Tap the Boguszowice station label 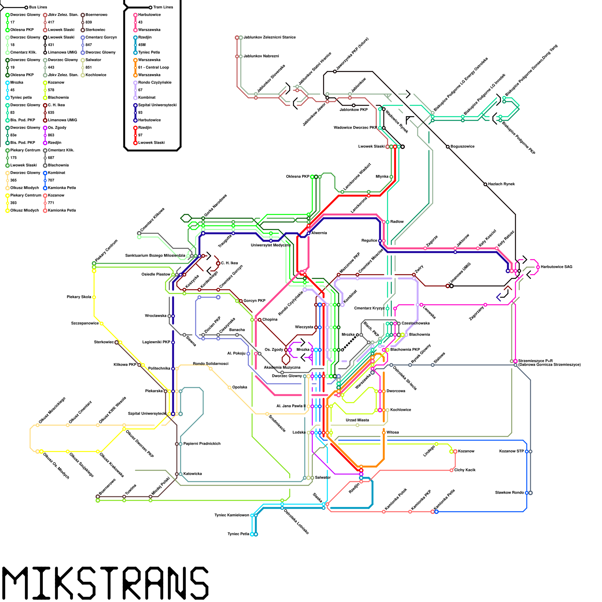[462, 146]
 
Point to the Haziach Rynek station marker [485, 184]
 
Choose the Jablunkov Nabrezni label [261, 56]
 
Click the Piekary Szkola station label [79, 297]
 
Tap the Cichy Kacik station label [465, 470]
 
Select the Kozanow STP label [511, 451]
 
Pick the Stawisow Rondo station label [509, 493]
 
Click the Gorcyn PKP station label [254, 301]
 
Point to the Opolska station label [240, 387]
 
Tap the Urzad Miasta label [357, 420]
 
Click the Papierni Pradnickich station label [202, 444]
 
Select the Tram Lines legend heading [163, 7]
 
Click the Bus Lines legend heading [38, 7]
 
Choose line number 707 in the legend [51, 180]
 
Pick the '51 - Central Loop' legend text [154, 67]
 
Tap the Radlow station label [397, 222]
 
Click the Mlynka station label [382, 176]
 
